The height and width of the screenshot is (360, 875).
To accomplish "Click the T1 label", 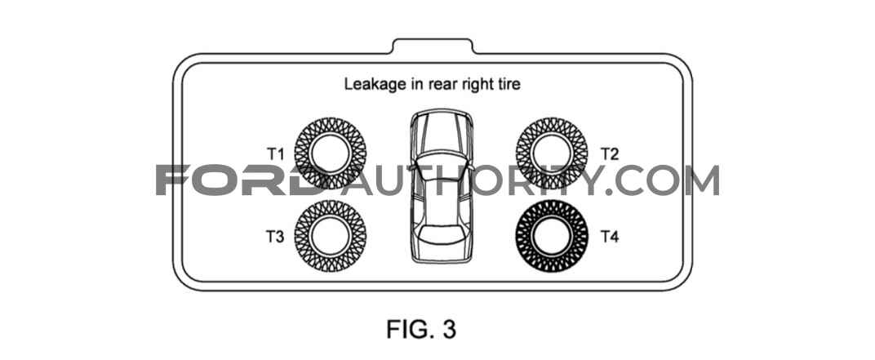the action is point(274,154).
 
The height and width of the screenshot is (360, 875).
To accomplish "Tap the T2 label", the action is point(610,154).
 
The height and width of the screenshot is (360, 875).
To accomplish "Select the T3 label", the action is point(274,238).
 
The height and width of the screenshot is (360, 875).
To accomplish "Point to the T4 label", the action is point(610,238).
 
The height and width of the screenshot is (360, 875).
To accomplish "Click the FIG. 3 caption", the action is point(420,330).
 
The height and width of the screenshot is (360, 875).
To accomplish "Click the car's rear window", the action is point(442,233).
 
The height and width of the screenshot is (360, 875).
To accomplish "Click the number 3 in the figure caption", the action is point(449,330).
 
